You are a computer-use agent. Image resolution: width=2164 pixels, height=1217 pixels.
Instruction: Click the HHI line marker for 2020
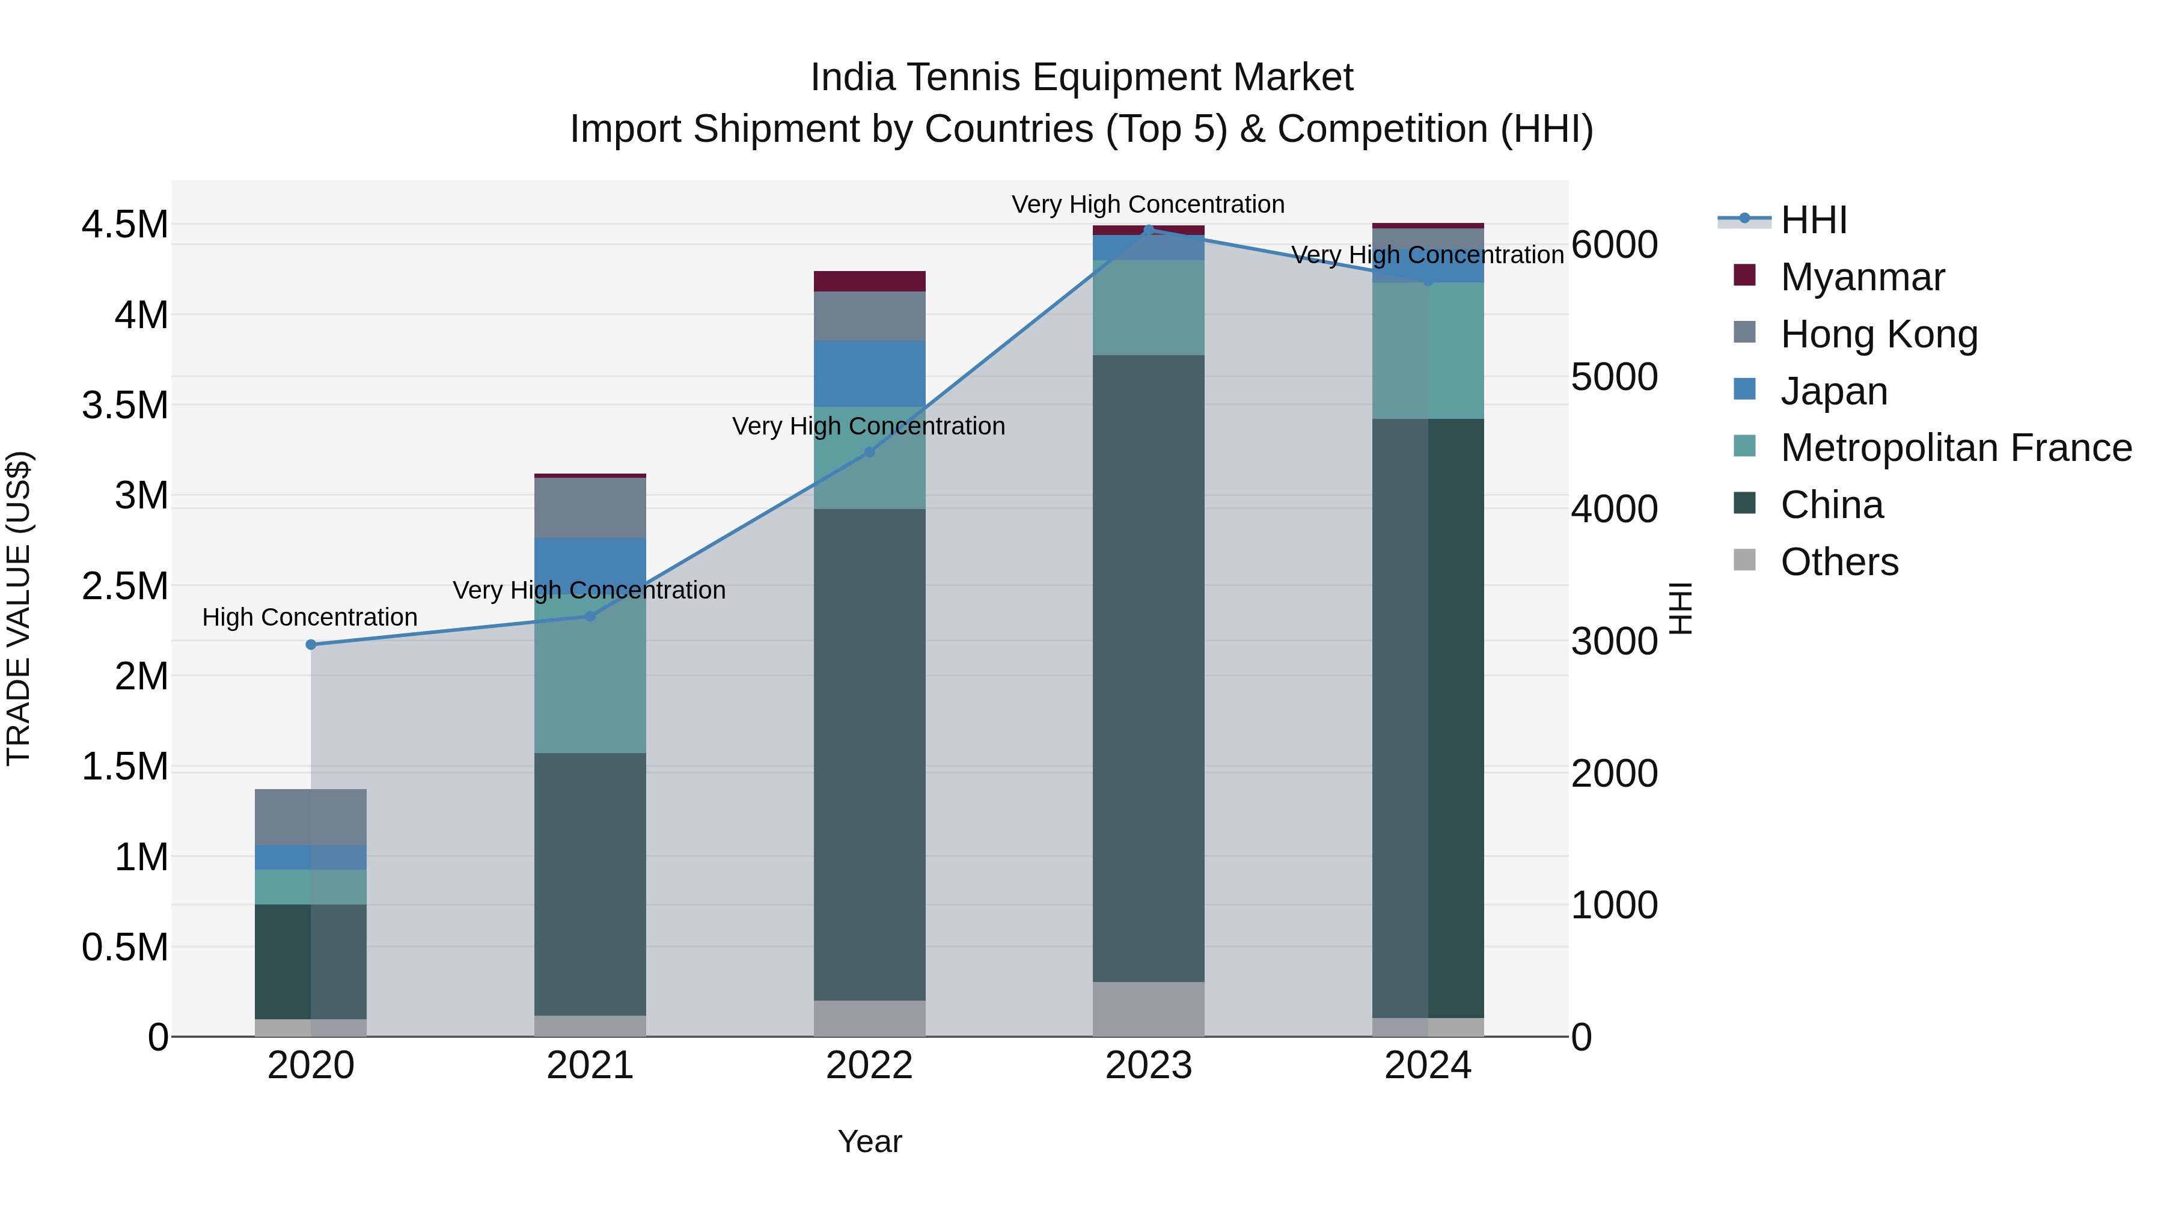click(311, 644)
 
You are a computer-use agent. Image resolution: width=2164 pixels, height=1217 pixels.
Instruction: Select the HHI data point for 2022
click(869, 452)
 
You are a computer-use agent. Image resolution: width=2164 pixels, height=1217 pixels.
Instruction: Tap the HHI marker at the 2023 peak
click(1148, 230)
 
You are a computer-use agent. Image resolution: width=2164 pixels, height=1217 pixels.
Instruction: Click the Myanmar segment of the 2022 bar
click(869, 281)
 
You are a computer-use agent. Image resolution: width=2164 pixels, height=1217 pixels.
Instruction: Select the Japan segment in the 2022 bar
click(869, 374)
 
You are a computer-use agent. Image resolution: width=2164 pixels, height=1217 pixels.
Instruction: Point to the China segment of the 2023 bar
click(1148, 668)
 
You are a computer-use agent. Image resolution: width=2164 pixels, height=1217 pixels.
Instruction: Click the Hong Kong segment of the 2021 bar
click(590, 507)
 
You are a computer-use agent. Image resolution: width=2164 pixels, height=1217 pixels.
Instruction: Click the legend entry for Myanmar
click(1862, 277)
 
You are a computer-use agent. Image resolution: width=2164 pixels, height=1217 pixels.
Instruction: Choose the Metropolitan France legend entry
click(1955, 448)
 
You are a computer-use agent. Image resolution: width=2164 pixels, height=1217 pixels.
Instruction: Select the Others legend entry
click(1839, 562)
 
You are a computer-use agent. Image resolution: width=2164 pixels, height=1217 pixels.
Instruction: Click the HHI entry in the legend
click(1813, 220)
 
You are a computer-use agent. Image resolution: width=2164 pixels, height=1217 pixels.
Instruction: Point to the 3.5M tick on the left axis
click(125, 406)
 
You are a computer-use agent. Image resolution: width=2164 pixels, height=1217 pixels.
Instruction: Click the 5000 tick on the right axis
click(1614, 377)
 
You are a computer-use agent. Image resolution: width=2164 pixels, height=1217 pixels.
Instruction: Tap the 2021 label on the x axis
click(590, 1066)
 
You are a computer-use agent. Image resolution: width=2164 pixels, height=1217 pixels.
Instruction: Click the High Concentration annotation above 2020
click(309, 617)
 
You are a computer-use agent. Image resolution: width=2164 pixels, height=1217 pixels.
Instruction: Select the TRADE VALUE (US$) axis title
click(19, 608)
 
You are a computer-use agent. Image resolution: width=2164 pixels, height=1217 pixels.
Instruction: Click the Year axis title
click(869, 1141)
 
